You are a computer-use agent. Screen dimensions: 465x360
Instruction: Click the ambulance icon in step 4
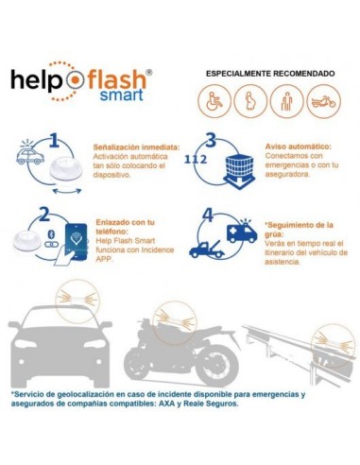(241, 232)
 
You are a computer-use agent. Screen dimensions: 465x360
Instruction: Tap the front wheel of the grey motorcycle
(141, 364)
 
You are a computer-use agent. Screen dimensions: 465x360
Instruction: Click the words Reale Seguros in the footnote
(210, 403)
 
